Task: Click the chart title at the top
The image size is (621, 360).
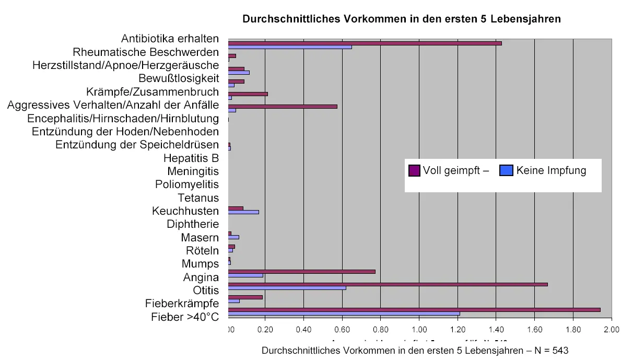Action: (x=401, y=19)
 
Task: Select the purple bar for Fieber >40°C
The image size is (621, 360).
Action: (x=414, y=310)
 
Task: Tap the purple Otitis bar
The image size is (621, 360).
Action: (x=388, y=284)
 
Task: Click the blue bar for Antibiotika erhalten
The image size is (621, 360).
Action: (x=290, y=47)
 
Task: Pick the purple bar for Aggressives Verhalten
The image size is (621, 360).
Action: (x=283, y=107)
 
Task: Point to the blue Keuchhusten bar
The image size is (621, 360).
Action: (x=243, y=212)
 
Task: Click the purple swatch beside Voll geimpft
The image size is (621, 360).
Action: (x=414, y=170)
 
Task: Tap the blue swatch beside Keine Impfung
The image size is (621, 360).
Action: (x=506, y=170)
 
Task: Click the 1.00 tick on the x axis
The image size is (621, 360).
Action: (x=419, y=330)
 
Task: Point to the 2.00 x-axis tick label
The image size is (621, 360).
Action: (x=610, y=330)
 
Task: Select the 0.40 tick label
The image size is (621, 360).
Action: (x=303, y=330)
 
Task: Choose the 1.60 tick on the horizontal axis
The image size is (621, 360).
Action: (x=534, y=330)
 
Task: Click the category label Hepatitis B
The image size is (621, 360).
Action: (x=191, y=158)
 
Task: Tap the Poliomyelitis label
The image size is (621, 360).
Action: (x=187, y=184)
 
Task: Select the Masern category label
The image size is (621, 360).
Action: (x=200, y=238)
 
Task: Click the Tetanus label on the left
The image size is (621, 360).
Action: (x=198, y=198)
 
